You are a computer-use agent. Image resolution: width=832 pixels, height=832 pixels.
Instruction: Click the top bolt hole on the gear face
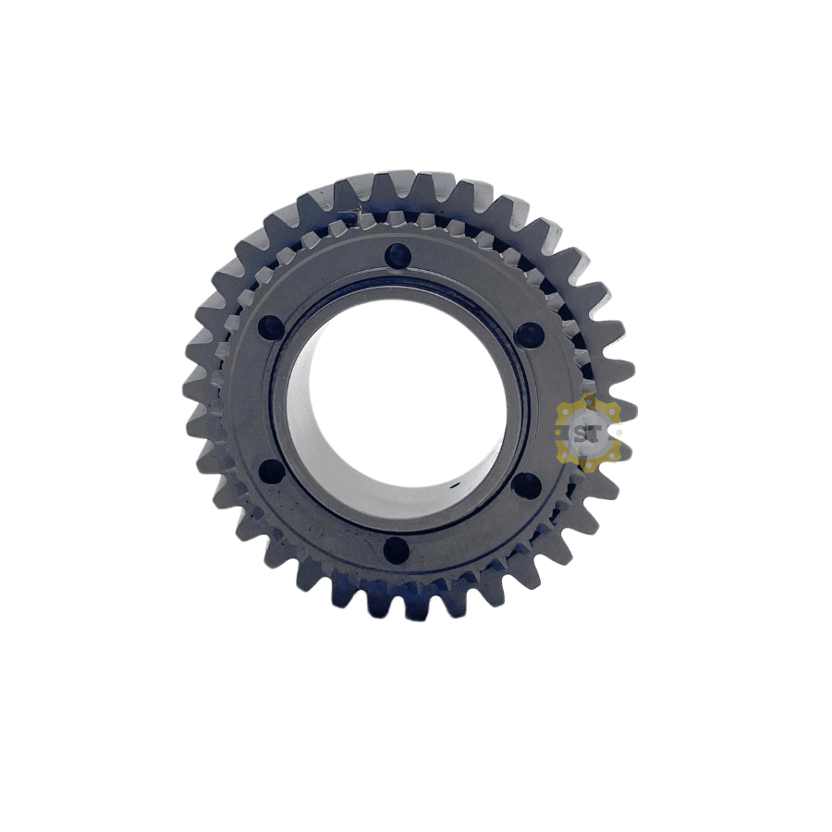coord(398,257)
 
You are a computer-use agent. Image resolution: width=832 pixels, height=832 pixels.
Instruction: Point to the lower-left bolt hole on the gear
coord(271,471)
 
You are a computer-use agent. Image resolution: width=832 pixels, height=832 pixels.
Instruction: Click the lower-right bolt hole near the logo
coord(528,485)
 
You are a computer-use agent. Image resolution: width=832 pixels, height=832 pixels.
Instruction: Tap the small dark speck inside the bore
coord(454,485)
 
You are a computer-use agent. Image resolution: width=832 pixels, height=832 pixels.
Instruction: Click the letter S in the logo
coord(580,434)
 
